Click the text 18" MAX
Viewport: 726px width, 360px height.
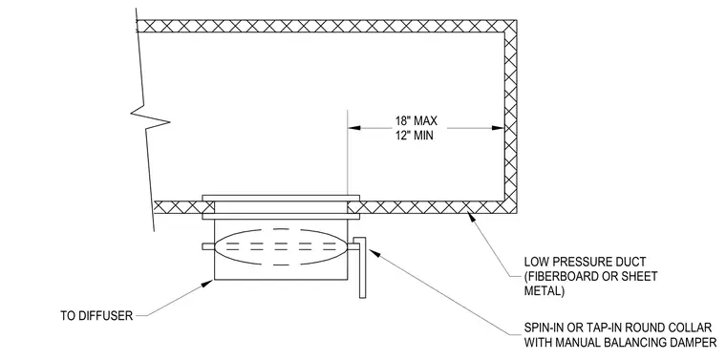tap(416, 121)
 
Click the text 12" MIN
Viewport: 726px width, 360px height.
tap(414, 136)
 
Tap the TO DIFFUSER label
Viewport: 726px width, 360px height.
tap(96, 315)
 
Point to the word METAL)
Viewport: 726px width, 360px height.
tap(544, 291)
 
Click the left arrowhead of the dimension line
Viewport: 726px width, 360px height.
tap(354, 128)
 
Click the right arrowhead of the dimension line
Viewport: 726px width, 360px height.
tap(498, 128)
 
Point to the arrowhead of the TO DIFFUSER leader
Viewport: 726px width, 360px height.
tap(209, 283)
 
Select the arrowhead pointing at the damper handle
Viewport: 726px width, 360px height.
tap(374, 254)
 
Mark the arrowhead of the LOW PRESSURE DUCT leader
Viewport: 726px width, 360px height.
tap(471, 215)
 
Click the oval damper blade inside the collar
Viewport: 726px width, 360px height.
tap(281, 247)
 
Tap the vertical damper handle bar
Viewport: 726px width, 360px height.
tap(363, 267)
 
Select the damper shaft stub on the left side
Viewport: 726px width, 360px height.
tap(208, 246)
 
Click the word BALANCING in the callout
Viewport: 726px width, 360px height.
tap(635, 343)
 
